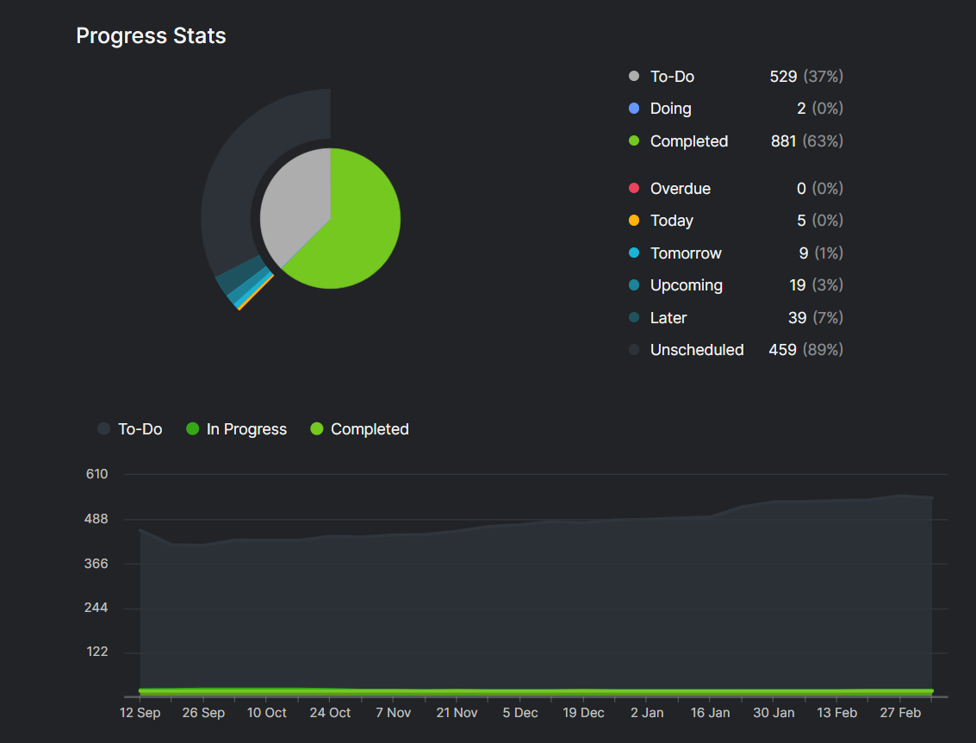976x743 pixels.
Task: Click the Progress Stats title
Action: (x=151, y=36)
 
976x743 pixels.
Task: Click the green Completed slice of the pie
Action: (x=355, y=230)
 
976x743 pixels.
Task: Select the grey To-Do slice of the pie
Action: (x=293, y=199)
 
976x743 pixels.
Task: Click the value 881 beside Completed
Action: (x=783, y=141)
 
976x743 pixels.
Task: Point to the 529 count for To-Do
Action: (x=783, y=77)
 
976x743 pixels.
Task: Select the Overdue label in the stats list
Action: (x=681, y=189)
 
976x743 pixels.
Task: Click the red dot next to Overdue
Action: (x=634, y=188)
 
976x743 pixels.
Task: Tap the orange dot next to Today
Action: (x=634, y=221)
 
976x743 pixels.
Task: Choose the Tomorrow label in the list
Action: (x=686, y=253)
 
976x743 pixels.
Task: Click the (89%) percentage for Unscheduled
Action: (x=823, y=350)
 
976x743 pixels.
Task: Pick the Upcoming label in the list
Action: (x=687, y=285)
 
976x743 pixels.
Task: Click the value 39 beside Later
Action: (x=798, y=317)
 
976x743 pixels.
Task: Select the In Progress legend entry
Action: (x=237, y=429)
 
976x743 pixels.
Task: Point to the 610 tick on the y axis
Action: (x=97, y=474)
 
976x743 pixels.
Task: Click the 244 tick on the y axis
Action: (x=96, y=607)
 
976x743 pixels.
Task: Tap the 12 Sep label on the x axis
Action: (x=140, y=713)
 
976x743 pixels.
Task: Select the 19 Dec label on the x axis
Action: (x=583, y=713)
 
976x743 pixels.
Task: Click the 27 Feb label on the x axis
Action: (x=900, y=713)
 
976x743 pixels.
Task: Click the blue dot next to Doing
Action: (x=634, y=109)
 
